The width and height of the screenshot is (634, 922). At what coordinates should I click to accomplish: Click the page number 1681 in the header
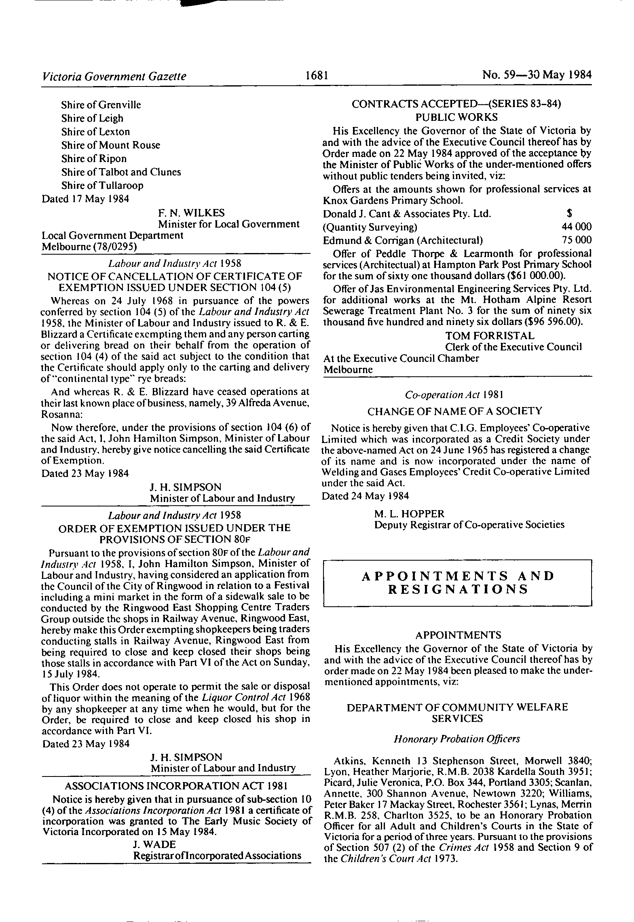pos(316,76)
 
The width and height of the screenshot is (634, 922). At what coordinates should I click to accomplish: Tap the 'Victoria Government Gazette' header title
pos(114,76)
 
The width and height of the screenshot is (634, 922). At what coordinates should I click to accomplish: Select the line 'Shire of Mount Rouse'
pos(110,145)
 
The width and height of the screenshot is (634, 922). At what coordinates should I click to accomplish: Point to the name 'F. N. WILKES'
pos(191,213)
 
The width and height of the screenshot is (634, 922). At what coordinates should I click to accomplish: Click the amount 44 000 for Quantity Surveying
pos(574,227)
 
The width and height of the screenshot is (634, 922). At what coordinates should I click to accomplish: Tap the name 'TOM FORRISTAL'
pos(490,336)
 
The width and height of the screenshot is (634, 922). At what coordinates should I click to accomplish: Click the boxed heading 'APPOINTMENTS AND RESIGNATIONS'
pos(458,582)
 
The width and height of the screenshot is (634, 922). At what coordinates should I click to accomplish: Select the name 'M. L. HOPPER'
pos(409,514)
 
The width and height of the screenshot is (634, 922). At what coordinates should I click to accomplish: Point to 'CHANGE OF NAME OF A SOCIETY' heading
pos(454,411)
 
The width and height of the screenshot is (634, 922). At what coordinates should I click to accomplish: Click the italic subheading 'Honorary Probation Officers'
pos(457,750)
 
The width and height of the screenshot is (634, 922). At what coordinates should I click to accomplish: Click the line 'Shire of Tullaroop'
pos(102,186)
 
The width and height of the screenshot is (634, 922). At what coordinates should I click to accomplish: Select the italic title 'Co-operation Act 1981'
pos(454,395)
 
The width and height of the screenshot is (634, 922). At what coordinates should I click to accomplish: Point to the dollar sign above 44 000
pos(569,214)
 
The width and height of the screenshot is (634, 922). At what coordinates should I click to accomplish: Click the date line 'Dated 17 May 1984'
pos(85,199)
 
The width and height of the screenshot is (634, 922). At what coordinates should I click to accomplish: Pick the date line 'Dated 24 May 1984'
pos(365,496)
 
